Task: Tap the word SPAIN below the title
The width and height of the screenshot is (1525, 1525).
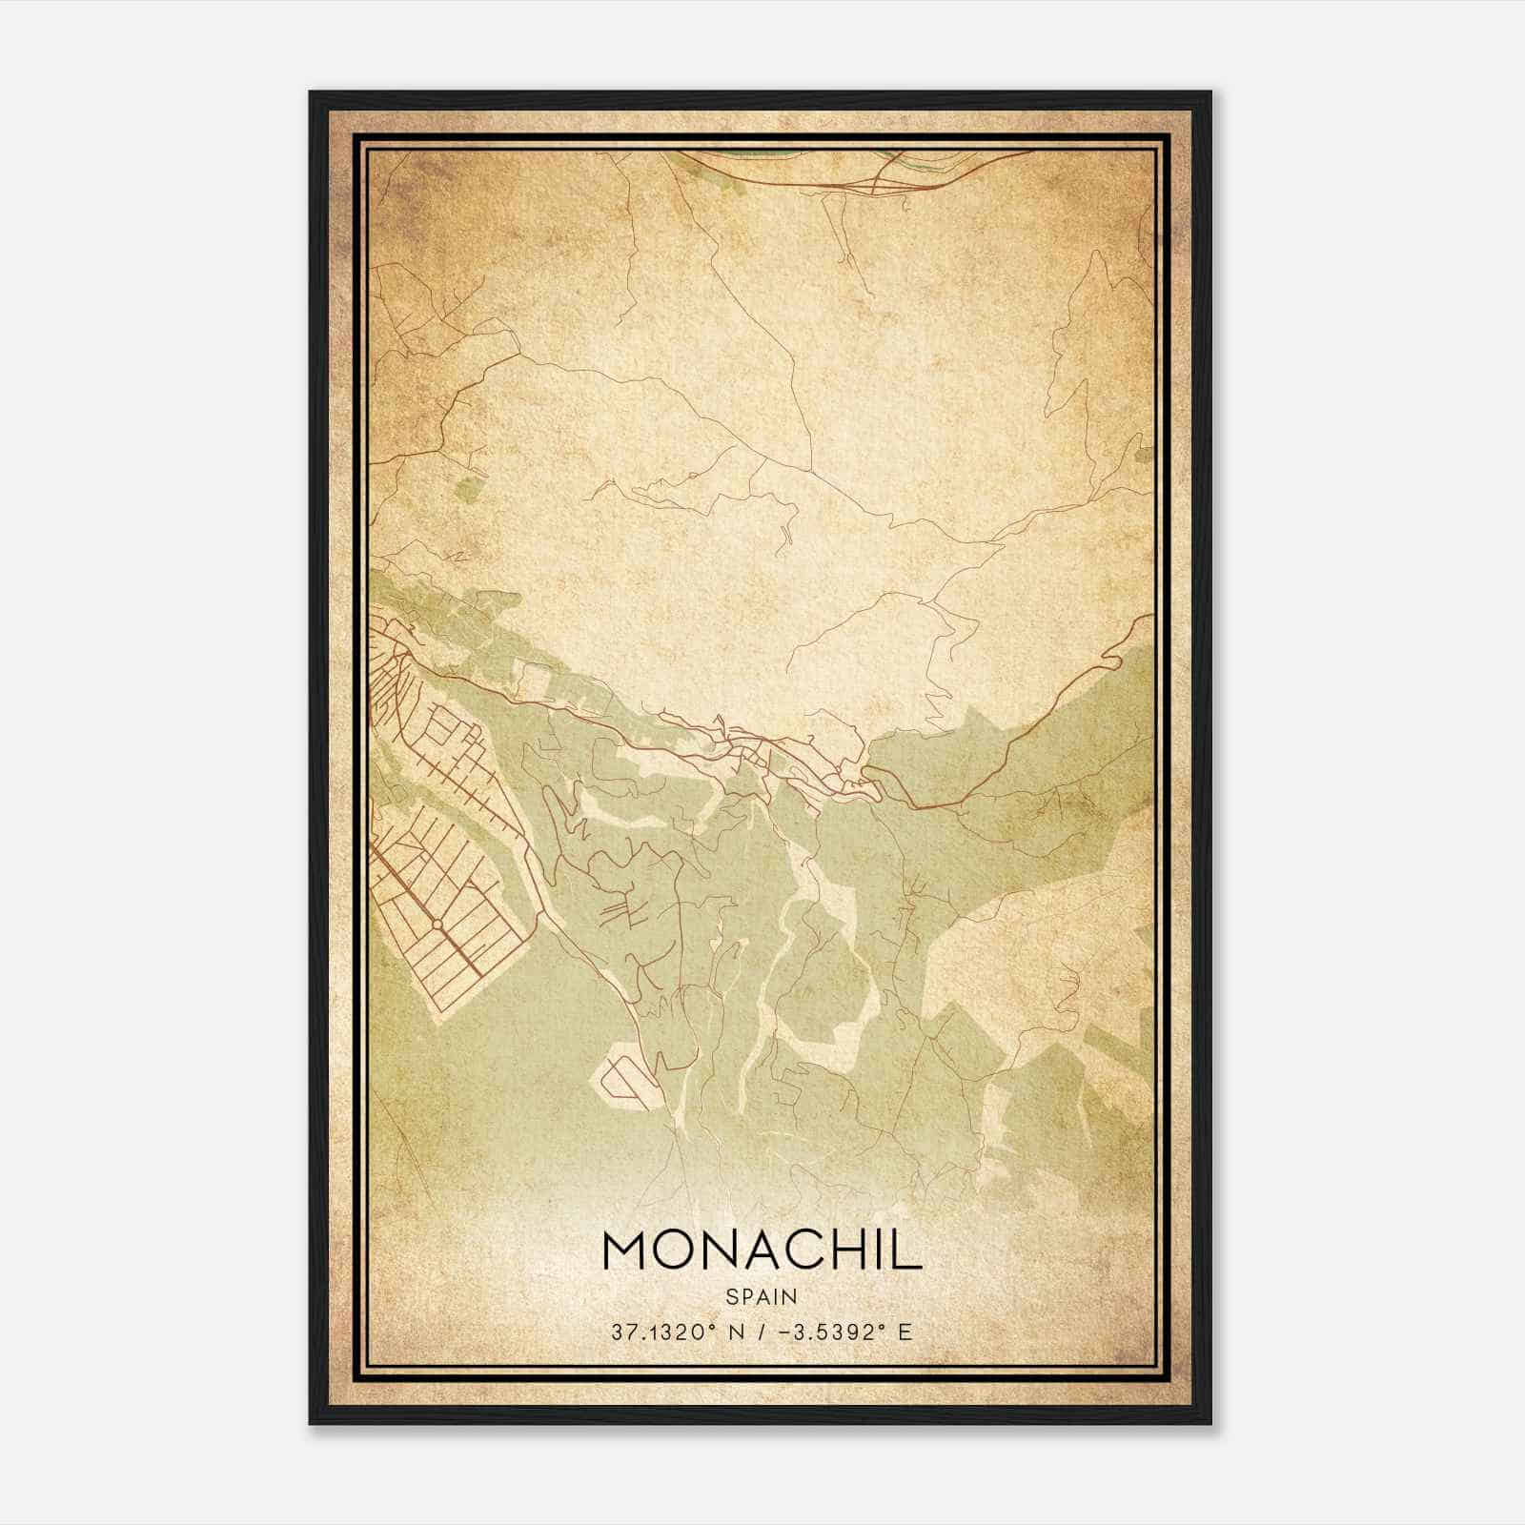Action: point(762,1295)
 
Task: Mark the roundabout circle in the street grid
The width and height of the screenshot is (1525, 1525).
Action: point(436,925)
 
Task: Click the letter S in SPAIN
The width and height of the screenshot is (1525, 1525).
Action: point(731,1295)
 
